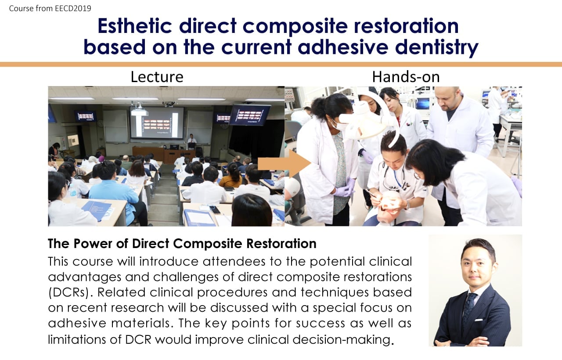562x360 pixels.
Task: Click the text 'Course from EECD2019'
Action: point(50,8)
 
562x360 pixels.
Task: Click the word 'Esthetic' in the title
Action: point(135,26)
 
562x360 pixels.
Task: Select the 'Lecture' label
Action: point(157,77)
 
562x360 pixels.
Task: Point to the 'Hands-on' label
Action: point(406,77)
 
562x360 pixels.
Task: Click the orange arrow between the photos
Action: point(285,164)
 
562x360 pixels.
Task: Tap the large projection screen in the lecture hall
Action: point(157,122)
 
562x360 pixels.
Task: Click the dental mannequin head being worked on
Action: point(390,207)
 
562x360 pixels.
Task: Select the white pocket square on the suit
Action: point(479,320)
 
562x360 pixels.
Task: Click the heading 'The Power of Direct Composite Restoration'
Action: point(182,243)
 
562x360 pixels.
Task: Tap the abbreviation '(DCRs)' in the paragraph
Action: point(69,293)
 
